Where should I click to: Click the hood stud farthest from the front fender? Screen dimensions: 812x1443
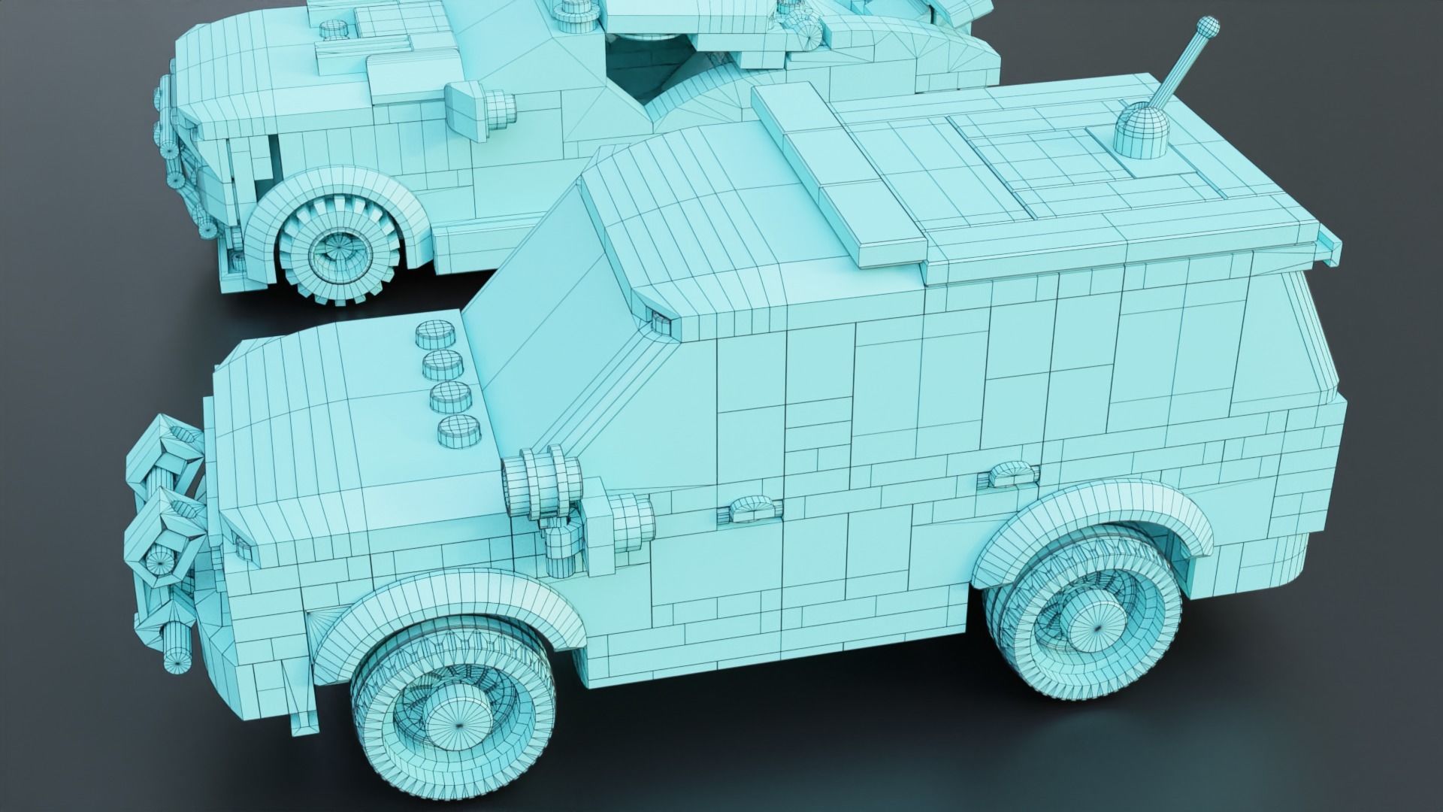coord(430,332)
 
